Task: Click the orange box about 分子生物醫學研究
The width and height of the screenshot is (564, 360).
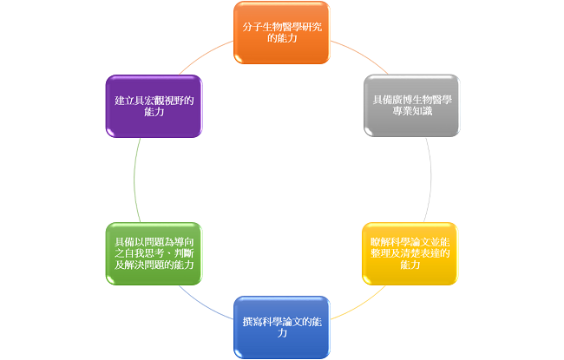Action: pos(282,33)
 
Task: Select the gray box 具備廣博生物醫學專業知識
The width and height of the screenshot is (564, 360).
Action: pos(412,106)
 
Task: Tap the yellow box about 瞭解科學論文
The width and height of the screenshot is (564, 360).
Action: pos(410,254)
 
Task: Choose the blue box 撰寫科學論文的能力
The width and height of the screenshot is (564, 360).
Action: pos(282,327)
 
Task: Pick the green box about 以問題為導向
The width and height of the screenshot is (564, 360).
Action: pos(154,254)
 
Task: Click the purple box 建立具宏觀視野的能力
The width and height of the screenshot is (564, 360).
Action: pos(154,107)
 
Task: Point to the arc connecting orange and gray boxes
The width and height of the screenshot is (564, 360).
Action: pos(361,54)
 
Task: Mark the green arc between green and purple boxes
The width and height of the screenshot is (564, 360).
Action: pos(134,180)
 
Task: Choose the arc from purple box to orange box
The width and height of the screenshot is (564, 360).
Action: pos(204,55)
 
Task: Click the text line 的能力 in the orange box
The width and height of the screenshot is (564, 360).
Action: pos(282,38)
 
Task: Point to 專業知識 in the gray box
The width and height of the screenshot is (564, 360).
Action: pos(412,111)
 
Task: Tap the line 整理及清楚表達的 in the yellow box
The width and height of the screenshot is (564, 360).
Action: pos(410,253)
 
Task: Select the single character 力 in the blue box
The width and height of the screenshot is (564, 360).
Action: pos(282,333)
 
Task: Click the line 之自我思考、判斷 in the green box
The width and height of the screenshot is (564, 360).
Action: pos(154,253)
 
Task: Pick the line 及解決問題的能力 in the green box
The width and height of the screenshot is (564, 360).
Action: pos(154,265)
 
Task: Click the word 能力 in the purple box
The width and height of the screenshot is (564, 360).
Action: pos(154,112)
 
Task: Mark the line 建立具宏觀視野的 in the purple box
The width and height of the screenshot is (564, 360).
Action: pos(154,101)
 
